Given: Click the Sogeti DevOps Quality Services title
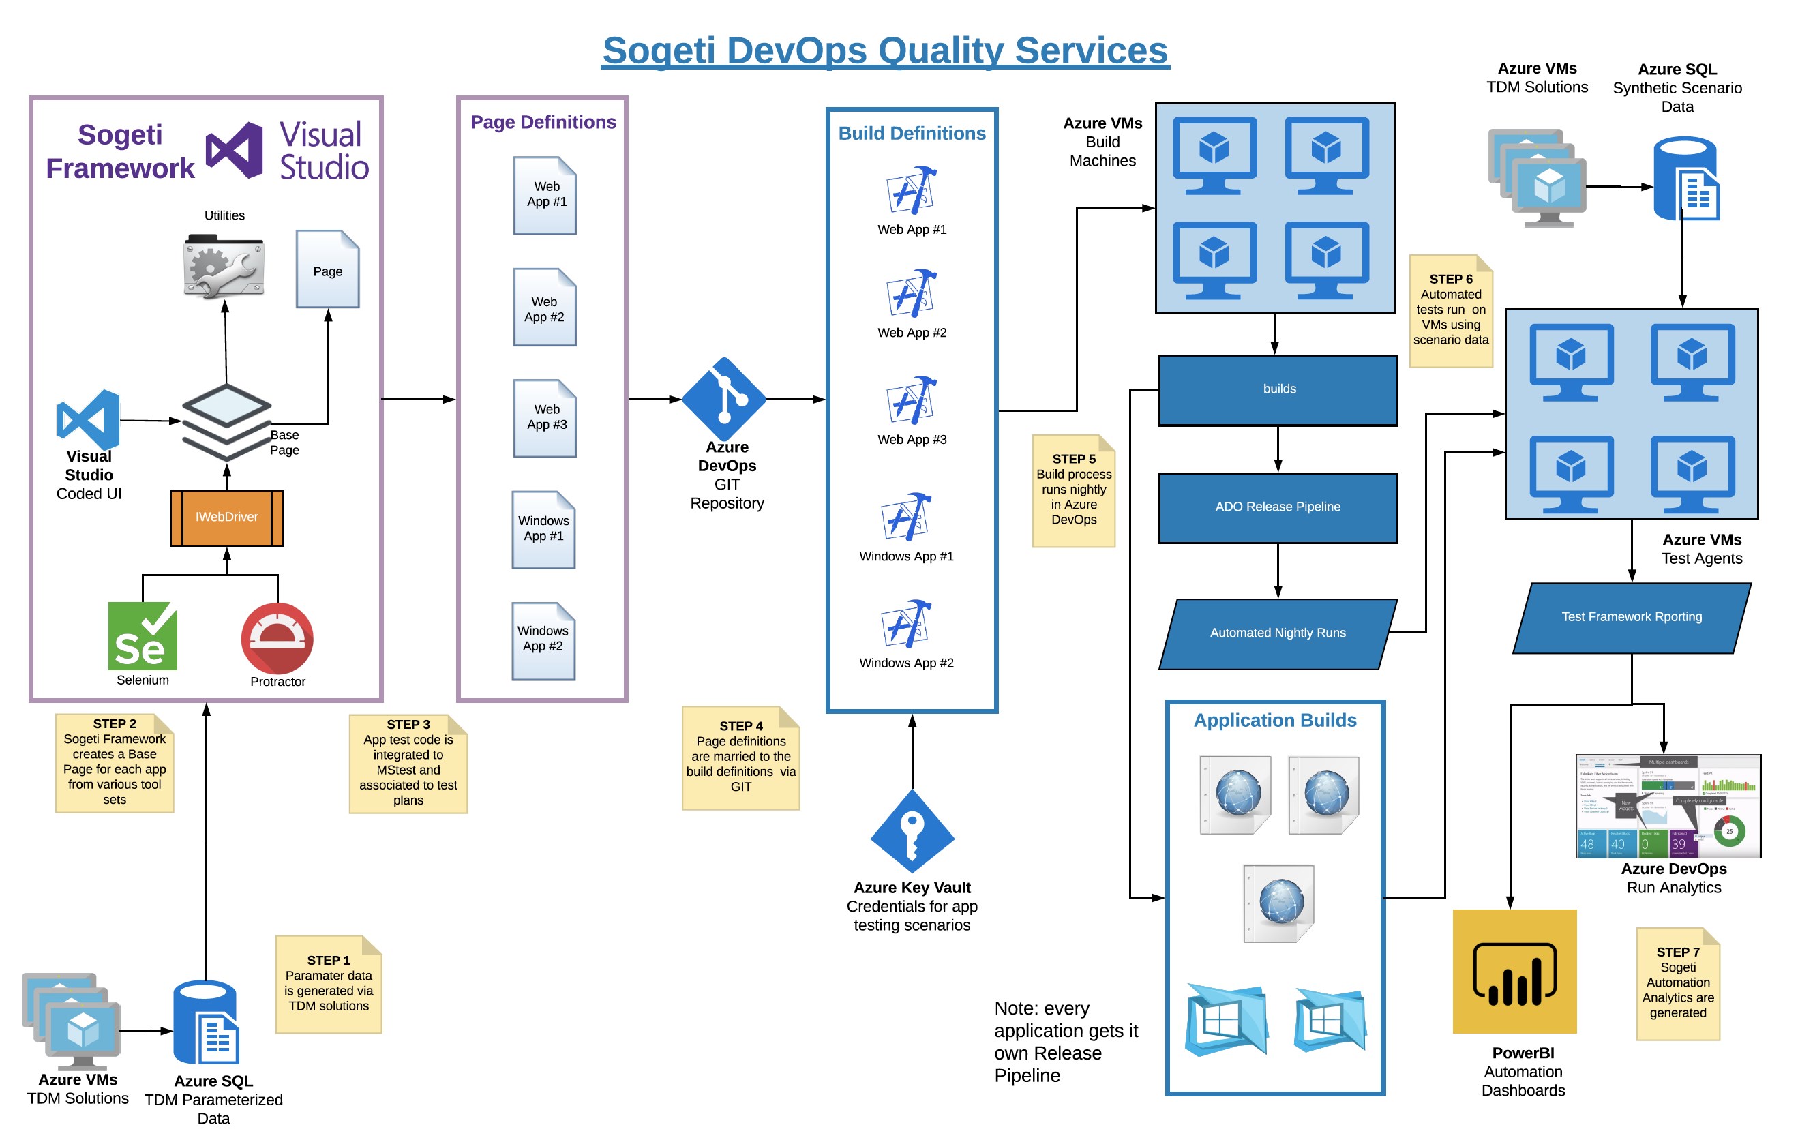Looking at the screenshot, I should pos(885,51).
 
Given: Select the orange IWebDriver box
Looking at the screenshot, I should pos(227,517).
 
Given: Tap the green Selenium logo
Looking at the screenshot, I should pos(142,635).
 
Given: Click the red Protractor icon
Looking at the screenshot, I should pos(277,638).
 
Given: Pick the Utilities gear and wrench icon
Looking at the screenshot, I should pos(224,267).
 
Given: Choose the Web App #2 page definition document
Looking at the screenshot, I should pos(544,307).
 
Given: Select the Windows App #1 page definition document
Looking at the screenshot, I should pos(543,529).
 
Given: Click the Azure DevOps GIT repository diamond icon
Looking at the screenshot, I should pos(724,399).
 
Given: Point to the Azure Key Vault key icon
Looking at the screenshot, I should pos(912,831).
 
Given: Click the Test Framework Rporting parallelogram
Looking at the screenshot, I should pos(1631,618).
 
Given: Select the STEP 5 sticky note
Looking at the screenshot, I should pos(1073,490).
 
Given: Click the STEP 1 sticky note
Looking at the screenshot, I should pos(329,983).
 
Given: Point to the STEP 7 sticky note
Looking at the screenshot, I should pos(1677,983).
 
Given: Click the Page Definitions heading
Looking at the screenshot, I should pos(543,122).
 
